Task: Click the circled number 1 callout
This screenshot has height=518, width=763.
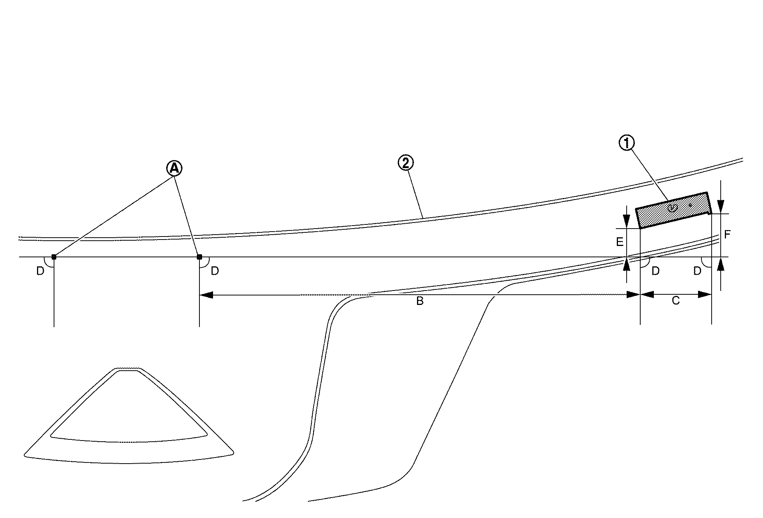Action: [627, 143]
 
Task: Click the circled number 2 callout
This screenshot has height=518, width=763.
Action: [406, 163]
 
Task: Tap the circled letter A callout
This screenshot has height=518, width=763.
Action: [174, 168]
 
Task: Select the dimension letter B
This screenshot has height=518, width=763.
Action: [420, 301]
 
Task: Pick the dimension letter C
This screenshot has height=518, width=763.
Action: [676, 301]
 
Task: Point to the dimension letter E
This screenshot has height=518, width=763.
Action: [620, 242]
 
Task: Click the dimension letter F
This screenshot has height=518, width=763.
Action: [727, 235]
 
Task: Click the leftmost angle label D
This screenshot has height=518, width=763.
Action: [40, 271]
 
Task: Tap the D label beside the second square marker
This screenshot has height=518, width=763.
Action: [215, 271]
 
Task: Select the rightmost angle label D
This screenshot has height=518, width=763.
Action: [697, 271]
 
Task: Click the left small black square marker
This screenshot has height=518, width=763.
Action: [54, 257]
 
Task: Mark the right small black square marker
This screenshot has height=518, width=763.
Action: [199, 257]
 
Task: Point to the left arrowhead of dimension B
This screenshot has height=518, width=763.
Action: [206, 295]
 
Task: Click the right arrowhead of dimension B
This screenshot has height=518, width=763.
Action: [633, 295]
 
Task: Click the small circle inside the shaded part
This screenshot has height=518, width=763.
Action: [672, 207]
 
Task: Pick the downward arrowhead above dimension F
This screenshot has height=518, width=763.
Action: [721, 206]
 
